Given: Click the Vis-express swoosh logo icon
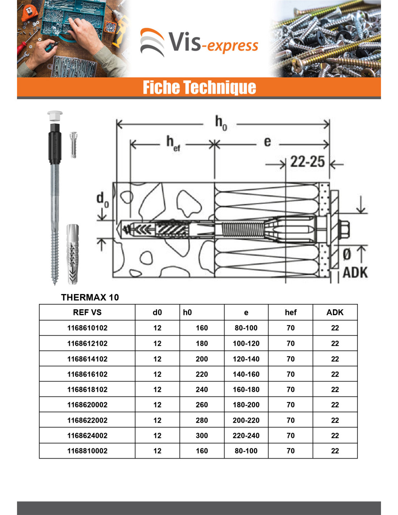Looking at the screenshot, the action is pyautogui.click(x=152, y=42).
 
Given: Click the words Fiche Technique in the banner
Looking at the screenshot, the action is pyautogui.click(x=199, y=87).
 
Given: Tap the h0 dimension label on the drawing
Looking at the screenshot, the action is pyautogui.click(x=221, y=123).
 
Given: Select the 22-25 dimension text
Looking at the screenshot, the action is pyautogui.click(x=307, y=162).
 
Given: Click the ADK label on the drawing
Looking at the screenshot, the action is pyautogui.click(x=355, y=272).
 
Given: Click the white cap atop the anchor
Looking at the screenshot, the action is pyautogui.click(x=55, y=116).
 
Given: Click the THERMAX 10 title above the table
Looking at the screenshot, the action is pyautogui.click(x=90, y=297).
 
